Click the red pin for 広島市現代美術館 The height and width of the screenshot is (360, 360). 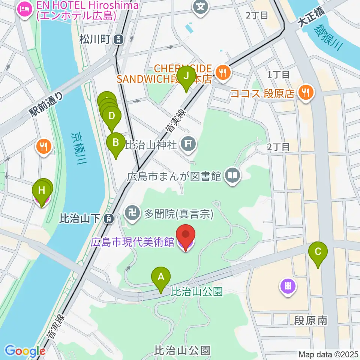pos(186,235)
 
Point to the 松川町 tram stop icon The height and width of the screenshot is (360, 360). pos(119,39)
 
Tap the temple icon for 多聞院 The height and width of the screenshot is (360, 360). pos(132,214)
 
